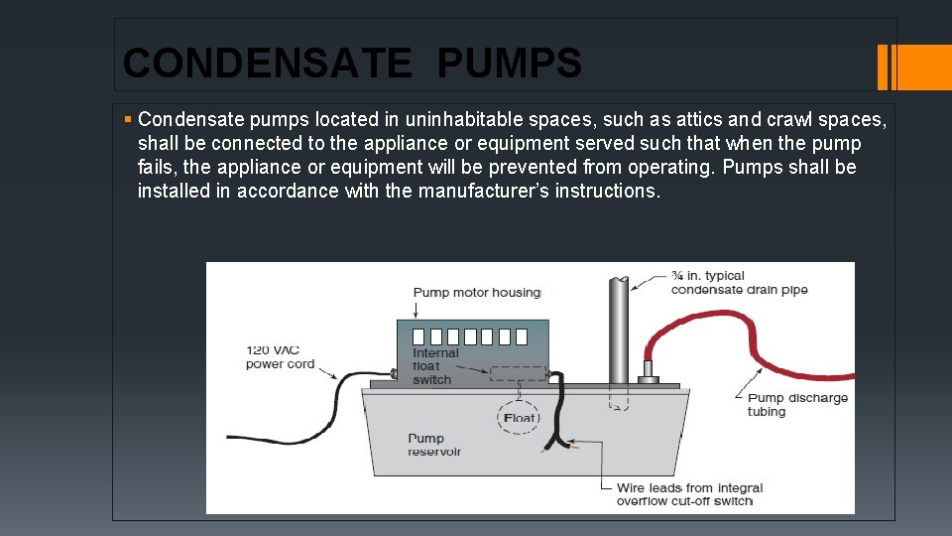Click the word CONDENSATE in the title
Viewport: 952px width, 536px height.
pos(266,64)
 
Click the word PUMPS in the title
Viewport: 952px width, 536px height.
pos(509,64)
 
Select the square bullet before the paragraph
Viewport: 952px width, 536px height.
pos(128,120)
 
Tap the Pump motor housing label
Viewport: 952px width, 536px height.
pos(476,292)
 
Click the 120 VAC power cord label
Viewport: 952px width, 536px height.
pos(280,356)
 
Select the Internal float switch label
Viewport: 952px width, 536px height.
pos(435,366)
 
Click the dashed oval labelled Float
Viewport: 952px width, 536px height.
pos(519,418)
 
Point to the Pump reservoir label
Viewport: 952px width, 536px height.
pos(433,445)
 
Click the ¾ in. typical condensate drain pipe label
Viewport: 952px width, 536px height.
pos(739,283)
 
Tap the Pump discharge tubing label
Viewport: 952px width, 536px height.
pos(797,405)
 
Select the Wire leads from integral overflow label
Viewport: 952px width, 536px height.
pos(689,494)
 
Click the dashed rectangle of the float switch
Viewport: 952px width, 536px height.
pos(518,374)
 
